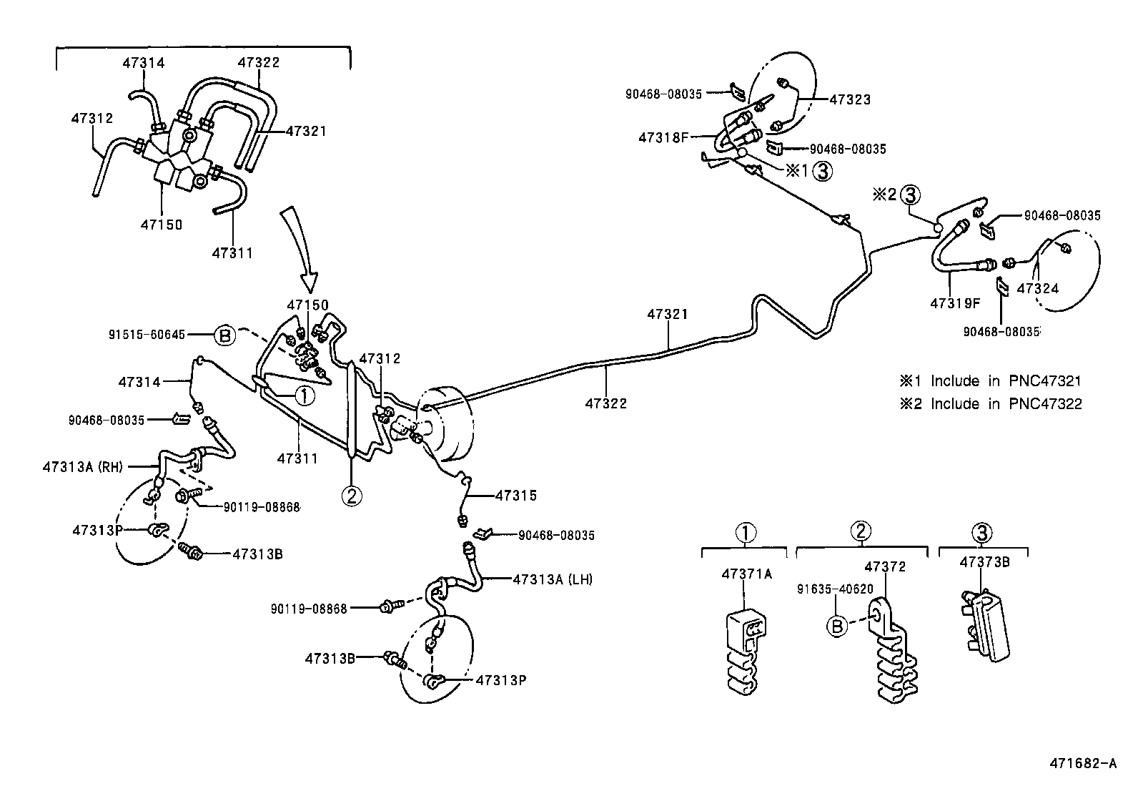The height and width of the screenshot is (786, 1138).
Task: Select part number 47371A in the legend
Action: pyautogui.click(x=747, y=574)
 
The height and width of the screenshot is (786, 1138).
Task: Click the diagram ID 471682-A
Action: pyautogui.click(x=1082, y=764)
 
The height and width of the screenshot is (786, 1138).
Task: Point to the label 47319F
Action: pyautogui.click(x=954, y=303)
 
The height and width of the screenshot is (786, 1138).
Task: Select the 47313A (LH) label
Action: pyautogui.click(x=553, y=579)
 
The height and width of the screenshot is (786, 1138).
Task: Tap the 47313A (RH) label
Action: pyautogui.click(x=83, y=467)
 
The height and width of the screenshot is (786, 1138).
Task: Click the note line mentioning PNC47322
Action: pyautogui.click(x=991, y=404)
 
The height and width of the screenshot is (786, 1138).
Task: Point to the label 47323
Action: pyautogui.click(x=850, y=100)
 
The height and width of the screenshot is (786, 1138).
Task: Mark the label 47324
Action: pyautogui.click(x=1037, y=289)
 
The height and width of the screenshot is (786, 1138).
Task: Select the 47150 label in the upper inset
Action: pyautogui.click(x=162, y=225)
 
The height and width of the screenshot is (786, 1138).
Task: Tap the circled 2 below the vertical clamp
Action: pyautogui.click(x=352, y=495)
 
